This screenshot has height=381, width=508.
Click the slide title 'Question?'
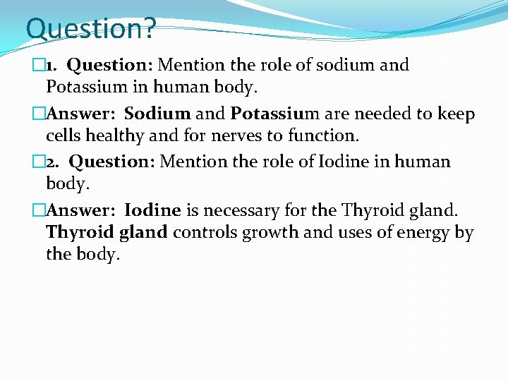coord(90,29)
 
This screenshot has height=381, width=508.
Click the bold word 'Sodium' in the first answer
coord(157,114)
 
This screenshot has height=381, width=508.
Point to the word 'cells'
coord(64,135)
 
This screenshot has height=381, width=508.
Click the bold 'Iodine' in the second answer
coord(152,210)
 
